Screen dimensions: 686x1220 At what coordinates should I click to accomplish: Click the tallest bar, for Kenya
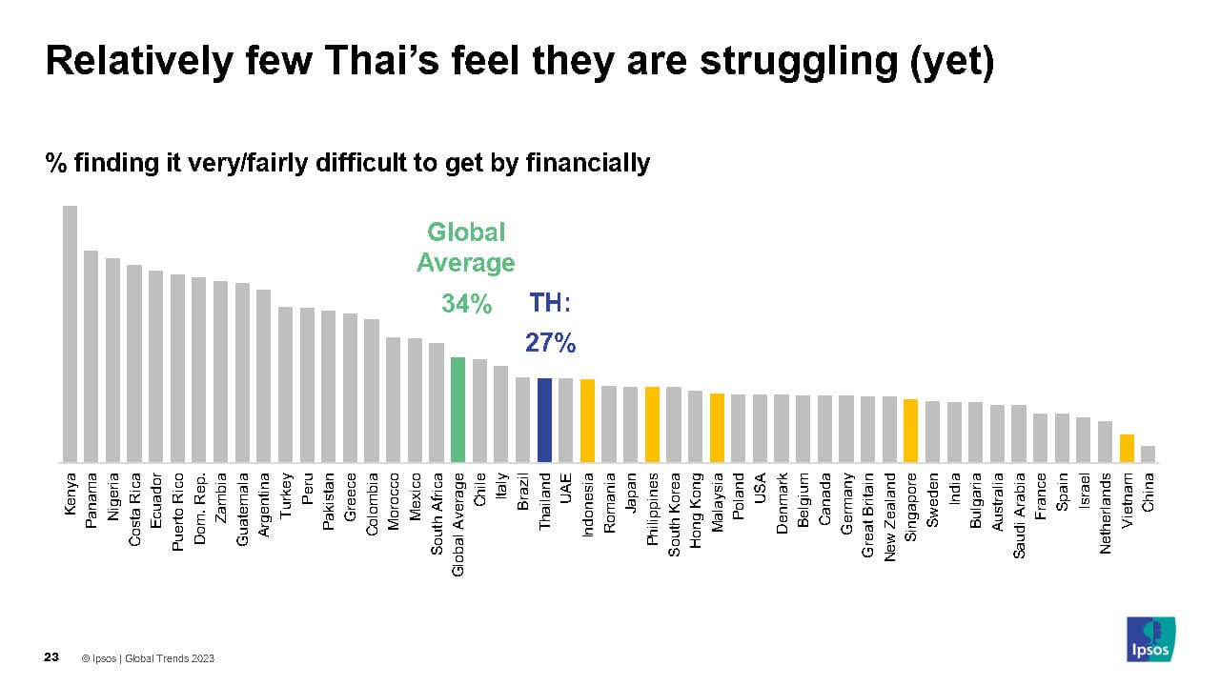click(70, 333)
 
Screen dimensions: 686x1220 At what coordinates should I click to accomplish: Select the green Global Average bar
click(457, 410)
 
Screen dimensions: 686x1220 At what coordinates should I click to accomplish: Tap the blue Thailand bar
click(544, 420)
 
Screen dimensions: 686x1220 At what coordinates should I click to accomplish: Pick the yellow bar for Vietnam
click(1127, 448)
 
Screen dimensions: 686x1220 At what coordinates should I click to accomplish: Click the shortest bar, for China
click(1148, 454)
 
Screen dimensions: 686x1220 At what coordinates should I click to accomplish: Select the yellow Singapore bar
click(911, 431)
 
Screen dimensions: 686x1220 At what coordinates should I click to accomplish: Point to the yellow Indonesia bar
click(587, 421)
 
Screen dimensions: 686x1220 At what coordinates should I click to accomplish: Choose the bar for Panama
click(91, 356)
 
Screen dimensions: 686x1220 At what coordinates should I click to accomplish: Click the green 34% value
click(466, 304)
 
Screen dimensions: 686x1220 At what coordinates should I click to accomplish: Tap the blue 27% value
click(550, 343)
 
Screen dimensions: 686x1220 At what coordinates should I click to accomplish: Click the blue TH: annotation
click(550, 304)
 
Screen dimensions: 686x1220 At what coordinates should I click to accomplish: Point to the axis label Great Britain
click(867, 515)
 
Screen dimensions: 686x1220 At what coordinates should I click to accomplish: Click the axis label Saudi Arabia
click(1019, 515)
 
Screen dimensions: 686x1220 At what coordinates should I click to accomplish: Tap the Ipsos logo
click(1150, 638)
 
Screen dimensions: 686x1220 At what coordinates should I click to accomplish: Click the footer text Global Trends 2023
click(174, 658)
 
